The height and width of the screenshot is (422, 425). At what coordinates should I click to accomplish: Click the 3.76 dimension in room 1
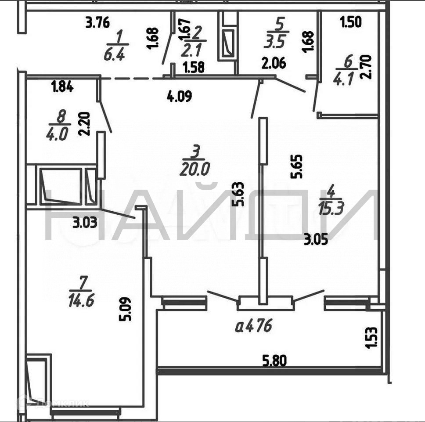coord(97,22)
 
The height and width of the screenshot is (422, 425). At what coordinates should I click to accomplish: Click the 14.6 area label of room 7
coord(82,301)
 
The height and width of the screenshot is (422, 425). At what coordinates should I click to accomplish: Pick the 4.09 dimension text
coord(179,96)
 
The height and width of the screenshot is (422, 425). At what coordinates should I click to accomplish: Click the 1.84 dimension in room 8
coord(62,87)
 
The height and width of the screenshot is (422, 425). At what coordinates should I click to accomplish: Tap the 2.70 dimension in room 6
coord(367,66)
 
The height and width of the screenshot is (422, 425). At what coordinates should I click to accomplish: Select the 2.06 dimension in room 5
coord(274,63)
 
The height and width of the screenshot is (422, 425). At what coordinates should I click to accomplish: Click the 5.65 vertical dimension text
coord(296,166)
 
